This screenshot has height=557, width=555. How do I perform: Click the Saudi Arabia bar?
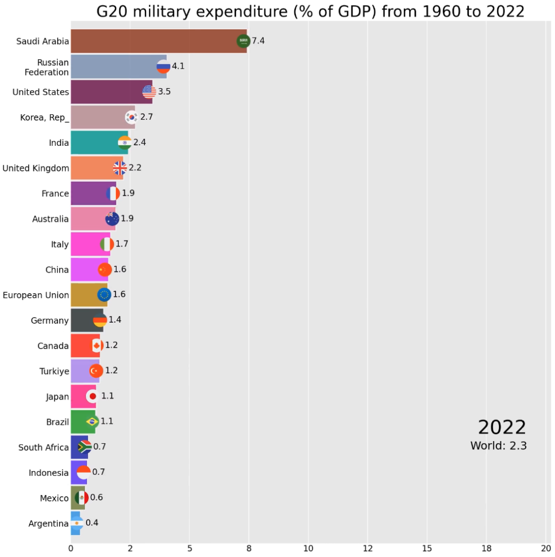[158, 41]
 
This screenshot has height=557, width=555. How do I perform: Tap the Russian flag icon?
[163, 67]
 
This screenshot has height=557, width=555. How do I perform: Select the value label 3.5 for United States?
[164, 92]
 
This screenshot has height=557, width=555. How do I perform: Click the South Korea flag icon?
[132, 117]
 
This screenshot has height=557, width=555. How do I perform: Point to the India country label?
[59, 143]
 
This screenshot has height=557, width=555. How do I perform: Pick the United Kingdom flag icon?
[120, 168]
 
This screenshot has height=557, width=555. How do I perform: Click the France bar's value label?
[128, 193]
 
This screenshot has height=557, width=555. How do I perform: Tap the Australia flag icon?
[112, 219]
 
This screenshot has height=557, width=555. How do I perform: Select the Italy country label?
[60, 245]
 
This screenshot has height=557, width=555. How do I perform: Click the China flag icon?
[104, 269]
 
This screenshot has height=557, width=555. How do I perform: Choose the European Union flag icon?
[104, 295]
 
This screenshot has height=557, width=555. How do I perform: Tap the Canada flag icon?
[97, 345]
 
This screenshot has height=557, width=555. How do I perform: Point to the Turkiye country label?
[54, 372]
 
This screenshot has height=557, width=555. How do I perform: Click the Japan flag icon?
[92, 396]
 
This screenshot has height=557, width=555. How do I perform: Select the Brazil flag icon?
[92, 422]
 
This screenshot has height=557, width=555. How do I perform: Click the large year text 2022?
[502, 428]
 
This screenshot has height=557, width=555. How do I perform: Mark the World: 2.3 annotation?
[498, 446]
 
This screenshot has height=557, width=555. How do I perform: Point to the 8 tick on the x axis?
[249, 548]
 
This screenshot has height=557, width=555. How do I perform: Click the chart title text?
[310, 11]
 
